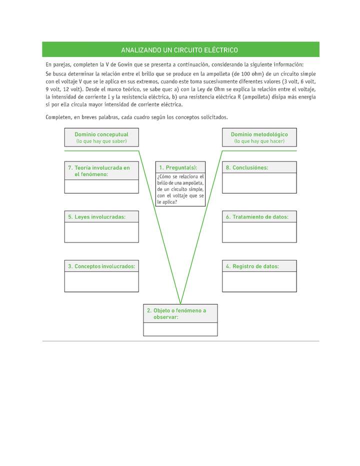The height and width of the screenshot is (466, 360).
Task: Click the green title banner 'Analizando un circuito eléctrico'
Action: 180,50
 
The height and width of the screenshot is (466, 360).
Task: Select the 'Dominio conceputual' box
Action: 101,137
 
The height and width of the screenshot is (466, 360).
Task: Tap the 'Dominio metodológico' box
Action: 259,137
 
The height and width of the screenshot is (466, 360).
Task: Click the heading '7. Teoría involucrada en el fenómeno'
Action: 99,171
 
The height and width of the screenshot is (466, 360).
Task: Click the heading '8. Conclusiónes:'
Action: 247,168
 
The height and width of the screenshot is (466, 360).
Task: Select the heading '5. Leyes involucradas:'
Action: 97,217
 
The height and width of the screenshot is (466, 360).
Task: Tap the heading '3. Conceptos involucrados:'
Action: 101,266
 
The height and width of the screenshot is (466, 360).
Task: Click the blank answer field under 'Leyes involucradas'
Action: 101,232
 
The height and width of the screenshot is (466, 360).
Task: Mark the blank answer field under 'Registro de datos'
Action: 259,282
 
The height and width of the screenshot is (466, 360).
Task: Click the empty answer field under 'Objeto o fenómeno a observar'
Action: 180,329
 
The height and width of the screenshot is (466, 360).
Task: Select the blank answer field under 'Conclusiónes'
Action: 259,183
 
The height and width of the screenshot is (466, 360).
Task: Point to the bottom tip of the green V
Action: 180,302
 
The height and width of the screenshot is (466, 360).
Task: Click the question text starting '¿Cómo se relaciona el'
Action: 180,189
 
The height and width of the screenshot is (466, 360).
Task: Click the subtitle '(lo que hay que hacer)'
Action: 259,141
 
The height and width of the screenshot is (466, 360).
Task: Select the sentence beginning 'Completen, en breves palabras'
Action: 136,117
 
